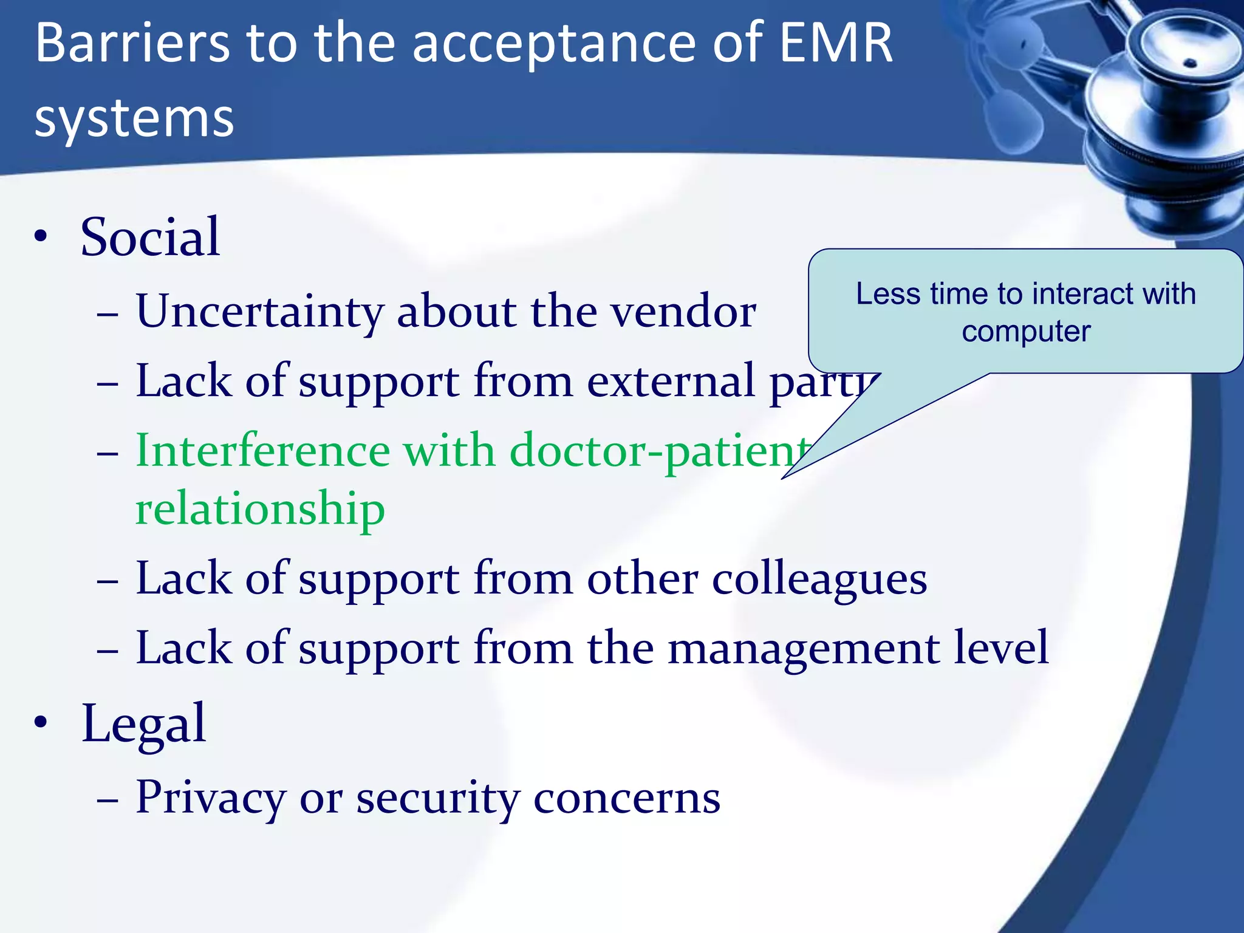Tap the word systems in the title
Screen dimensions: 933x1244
(x=134, y=118)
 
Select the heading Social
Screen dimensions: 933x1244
(x=150, y=238)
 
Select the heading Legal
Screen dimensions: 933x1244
(x=144, y=724)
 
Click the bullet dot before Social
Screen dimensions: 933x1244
(x=41, y=238)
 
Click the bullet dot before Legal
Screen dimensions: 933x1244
(x=41, y=723)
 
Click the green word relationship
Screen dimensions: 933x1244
(x=260, y=509)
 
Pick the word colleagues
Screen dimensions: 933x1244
(x=819, y=579)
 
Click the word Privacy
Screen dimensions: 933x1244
(x=210, y=798)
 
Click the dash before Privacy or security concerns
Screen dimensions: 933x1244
(x=108, y=801)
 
